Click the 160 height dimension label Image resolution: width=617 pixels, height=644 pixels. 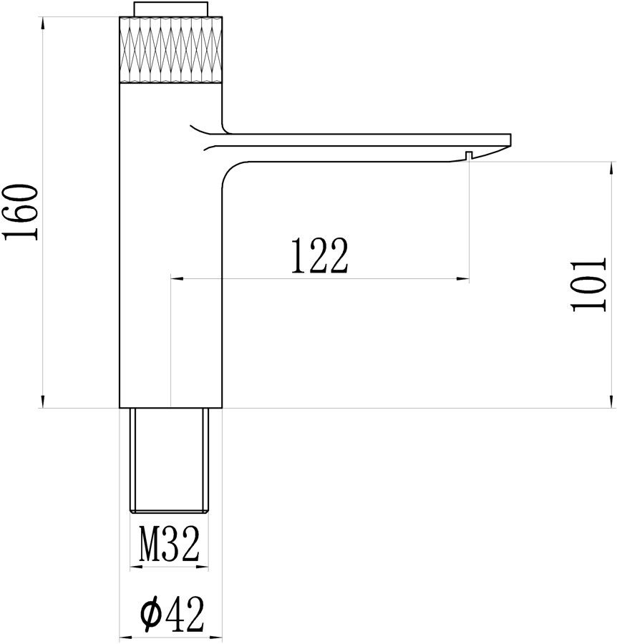(21, 212)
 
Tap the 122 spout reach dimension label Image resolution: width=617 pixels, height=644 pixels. (319, 256)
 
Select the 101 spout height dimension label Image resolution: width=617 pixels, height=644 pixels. (588, 284)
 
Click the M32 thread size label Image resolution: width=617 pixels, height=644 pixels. (169, 545)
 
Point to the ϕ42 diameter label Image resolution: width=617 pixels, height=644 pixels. (172, 614)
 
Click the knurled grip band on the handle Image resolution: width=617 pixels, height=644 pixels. (170, 49)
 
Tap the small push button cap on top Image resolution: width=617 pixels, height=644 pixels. (170, 9)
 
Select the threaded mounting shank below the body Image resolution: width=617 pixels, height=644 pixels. (169, 460)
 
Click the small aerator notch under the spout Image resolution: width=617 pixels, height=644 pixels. (469, 155)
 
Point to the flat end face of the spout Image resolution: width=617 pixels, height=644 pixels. (510, 140)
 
